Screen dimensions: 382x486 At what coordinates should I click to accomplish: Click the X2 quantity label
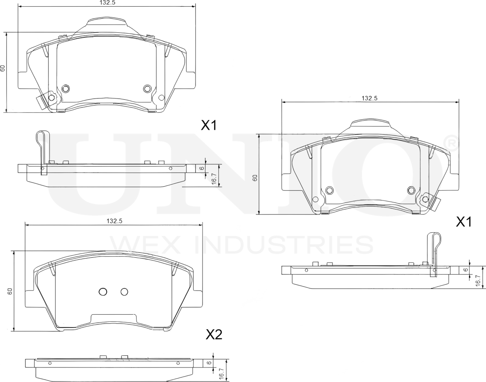tap(214, 334)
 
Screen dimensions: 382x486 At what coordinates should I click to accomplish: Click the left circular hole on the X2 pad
tap(103, 292)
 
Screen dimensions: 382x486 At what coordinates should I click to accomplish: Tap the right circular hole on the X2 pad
tap(124, 292)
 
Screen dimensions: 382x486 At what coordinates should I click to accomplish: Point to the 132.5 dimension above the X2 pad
tap(114, 222)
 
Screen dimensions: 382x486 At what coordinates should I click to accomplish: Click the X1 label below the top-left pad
tap(209, 126)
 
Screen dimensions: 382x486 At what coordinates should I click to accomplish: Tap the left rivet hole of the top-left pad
tap(65, 88)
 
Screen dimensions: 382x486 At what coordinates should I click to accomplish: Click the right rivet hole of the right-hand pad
tap(411, 190)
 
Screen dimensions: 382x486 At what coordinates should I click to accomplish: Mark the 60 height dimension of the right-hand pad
tap(255, 178)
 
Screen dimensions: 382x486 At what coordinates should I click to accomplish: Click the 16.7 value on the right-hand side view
tap(478, 281)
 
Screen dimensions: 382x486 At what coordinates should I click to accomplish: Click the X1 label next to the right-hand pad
tap(464, 222)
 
